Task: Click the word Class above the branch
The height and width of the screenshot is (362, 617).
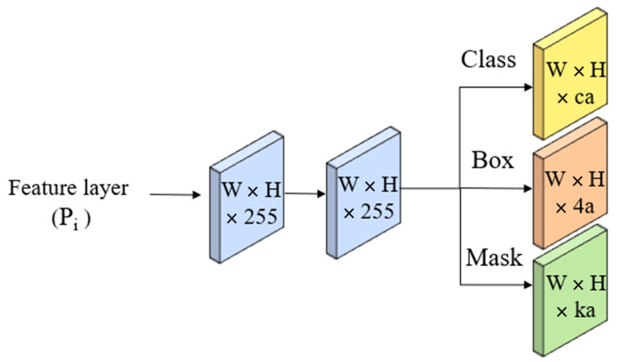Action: pos(488,60)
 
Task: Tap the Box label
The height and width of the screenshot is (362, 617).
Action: pos(493,160)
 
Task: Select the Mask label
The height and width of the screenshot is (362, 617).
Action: pos(494,258)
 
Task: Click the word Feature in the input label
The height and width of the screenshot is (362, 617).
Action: pos(42,188)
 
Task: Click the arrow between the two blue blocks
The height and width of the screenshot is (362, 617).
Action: pos(305,194)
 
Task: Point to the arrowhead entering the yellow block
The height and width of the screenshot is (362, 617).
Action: pos(528,87)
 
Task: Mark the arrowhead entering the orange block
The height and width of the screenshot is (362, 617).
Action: pos(528,188)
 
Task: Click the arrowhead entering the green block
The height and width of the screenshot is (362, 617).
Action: pos(528,285)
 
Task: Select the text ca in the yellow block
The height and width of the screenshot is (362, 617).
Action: pos(584,97)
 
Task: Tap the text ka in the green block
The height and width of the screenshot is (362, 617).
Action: pos(584,311)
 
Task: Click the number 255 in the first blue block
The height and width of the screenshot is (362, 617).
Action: pos(261,216)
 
